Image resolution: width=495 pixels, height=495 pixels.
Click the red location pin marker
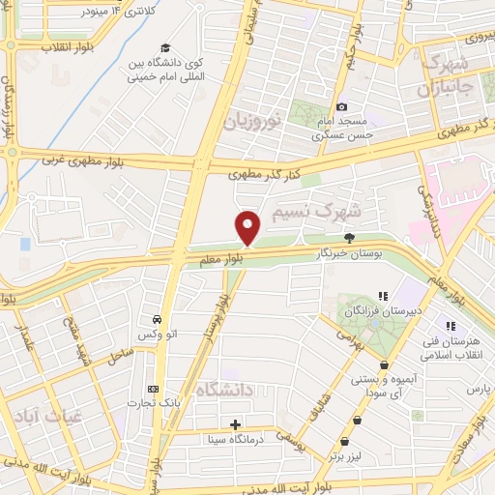point(248,227)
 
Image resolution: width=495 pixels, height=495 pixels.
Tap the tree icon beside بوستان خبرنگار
point(349,238)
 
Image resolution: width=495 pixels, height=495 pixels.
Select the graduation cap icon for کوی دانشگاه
point(166,48)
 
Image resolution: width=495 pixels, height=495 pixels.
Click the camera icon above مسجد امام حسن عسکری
point(340,106)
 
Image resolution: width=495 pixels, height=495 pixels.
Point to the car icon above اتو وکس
point(156,319)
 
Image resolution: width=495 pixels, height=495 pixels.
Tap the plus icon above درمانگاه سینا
point(236,424)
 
